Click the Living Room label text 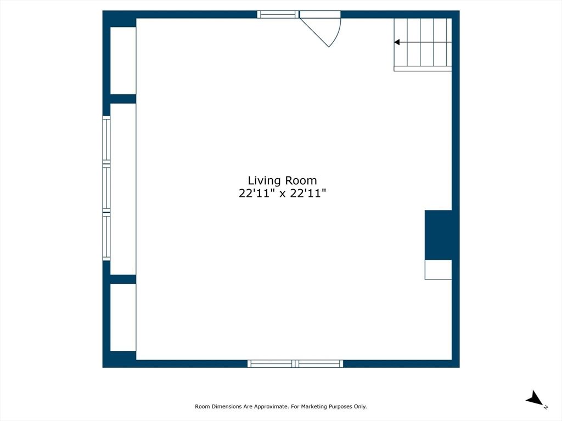pos(283,181)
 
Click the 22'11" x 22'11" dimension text pos(283,194)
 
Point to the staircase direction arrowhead pos(397,42)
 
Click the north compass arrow pos(535,399)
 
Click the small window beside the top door pos(278,14)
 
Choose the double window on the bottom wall pos(295,364)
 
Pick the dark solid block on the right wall pos(439,235)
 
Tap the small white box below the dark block pos(439,270)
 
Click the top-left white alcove pos(123,60)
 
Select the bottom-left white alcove pos(123,317)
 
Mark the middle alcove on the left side pos(123,189)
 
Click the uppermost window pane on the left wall pos(106,140)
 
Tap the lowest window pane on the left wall pos(106,237)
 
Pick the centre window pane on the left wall pos(106,189)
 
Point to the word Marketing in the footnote pos(313,407)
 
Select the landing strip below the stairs pos(423,69)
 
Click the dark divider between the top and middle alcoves pos(123,99)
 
